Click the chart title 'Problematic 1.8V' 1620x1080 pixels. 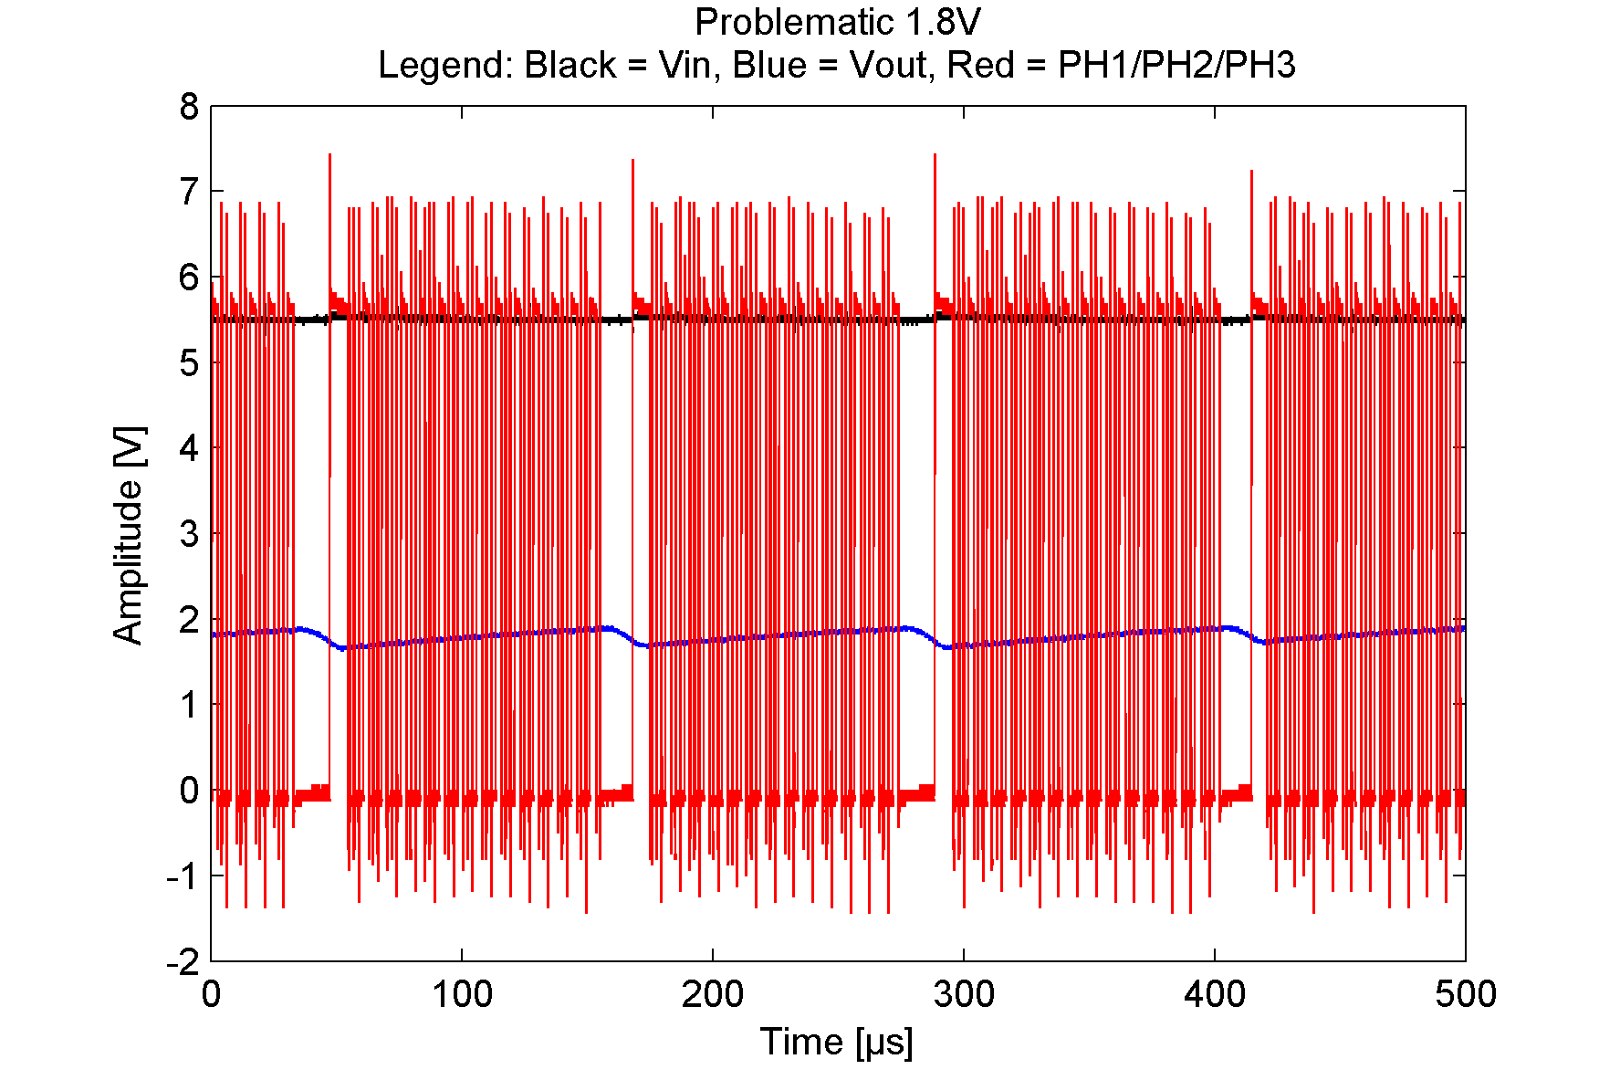click(837, 22)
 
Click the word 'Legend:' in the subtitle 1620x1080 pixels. click(445, 66)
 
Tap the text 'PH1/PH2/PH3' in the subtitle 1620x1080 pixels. click(1176, 66)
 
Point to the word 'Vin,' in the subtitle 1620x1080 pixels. click(684, 66)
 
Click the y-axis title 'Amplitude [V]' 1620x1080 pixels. click(129, 534)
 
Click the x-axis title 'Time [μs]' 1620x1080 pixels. click(837, 1042)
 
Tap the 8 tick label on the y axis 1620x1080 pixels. click(189, 107)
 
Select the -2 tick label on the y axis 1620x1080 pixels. click(183, 961)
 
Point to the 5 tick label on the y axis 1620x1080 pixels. click(189, 363)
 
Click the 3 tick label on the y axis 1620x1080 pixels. click(189, 534)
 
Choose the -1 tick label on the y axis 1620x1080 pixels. click(183, 876)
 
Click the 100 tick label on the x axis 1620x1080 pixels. click(462, 994)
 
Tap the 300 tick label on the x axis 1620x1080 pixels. click(964, 994)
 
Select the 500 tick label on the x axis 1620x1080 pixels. click(1465, 994)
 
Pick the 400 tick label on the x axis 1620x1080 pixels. click(1215, 994)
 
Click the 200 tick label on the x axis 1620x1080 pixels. click(713, 994)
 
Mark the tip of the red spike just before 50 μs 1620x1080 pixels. click(329, 155)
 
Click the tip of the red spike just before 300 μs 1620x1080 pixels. click(935, 155)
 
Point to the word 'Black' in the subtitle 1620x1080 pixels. click(570, 66)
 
